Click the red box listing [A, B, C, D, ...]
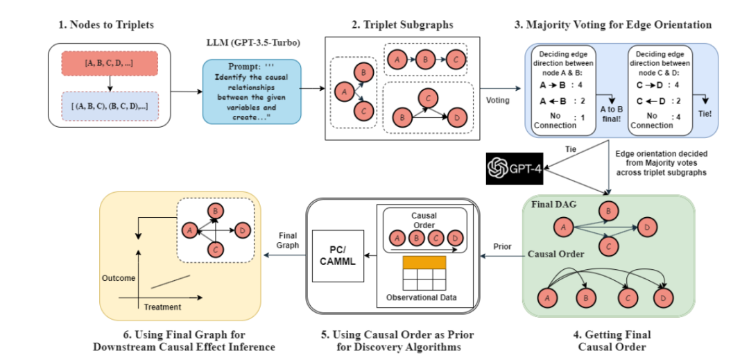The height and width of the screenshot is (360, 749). click(x=110, y=63)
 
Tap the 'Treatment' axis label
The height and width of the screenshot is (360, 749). click(x=162, y=307)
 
